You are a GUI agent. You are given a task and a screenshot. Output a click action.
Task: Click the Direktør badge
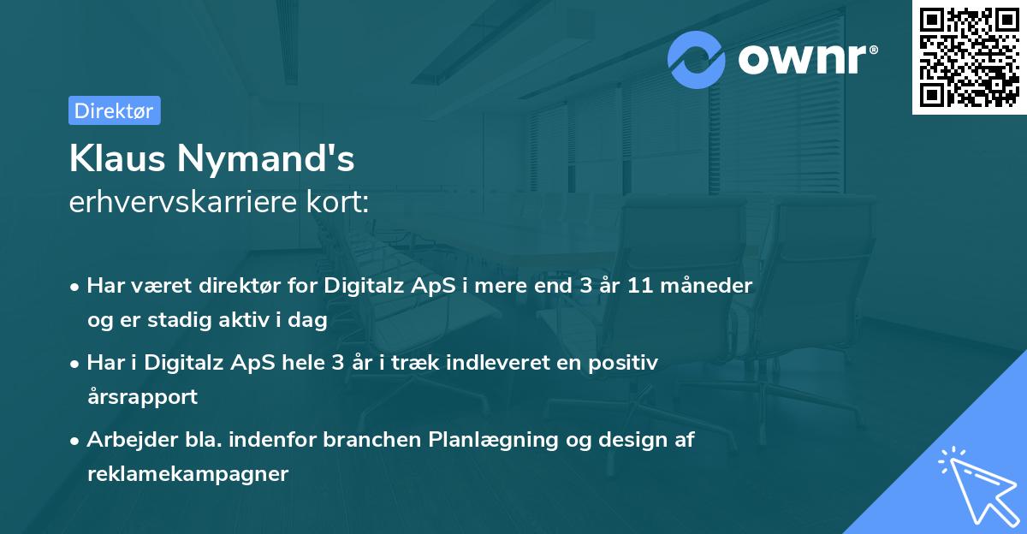click(114, 110)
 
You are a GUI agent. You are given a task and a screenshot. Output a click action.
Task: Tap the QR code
click(969, 57)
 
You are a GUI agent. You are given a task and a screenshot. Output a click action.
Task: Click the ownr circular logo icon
click(697, 59)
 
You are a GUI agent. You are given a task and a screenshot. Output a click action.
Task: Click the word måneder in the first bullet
click(710, 286)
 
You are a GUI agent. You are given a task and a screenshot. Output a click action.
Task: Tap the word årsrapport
click(142, 397)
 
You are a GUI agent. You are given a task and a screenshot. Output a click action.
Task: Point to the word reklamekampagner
click(187, 474)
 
